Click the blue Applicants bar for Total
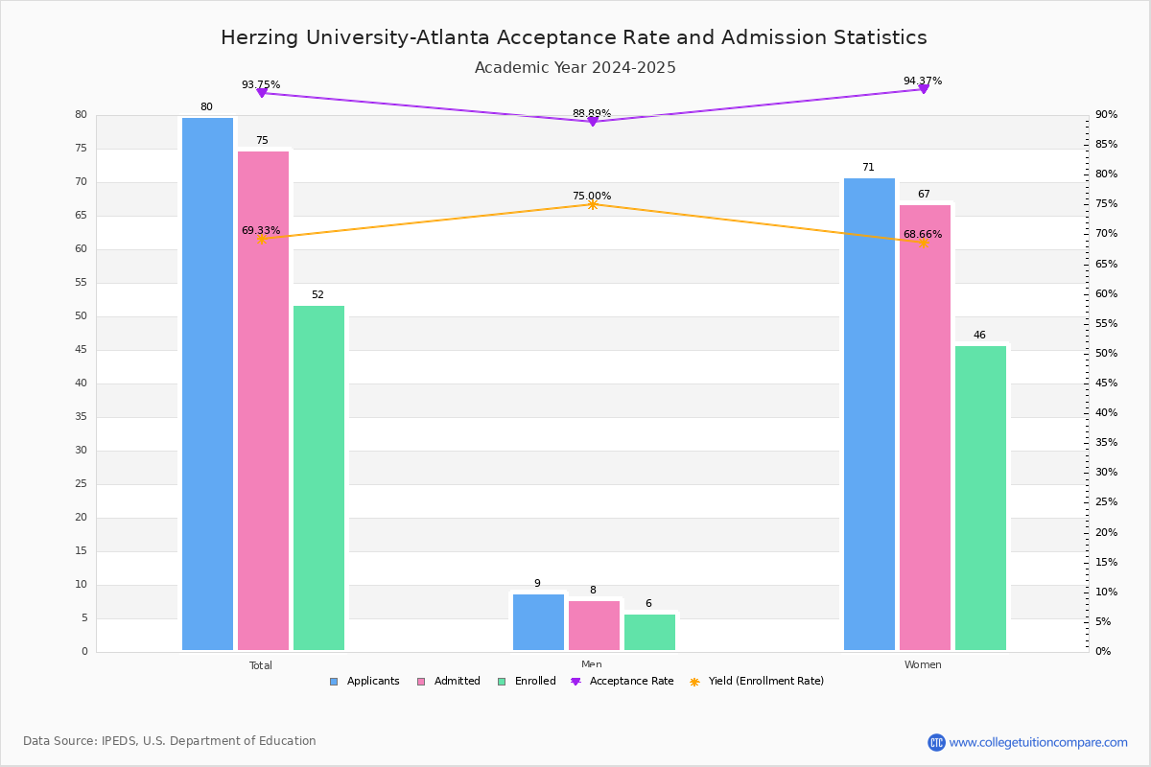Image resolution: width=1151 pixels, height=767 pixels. click(x=207, y=383)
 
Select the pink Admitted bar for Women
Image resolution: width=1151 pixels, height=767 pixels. click(x=925, y=428)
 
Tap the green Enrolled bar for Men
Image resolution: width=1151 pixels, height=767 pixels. click(x=649, y=633)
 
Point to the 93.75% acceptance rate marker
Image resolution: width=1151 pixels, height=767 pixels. click(x=261, y=93)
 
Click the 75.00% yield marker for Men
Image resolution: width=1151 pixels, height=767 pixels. click(x=592, y=204)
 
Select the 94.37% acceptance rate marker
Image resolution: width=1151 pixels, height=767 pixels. click(x=924, y=88)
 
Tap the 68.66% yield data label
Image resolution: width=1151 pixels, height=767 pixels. click(x=923, y=234)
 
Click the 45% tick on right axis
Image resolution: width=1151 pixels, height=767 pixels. click(x=1106, y=383)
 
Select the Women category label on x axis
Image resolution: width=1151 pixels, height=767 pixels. click(x=923, y=665)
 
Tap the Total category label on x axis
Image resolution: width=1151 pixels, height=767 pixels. click(x=261, y=665)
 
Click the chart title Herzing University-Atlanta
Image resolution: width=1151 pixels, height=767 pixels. click(x=574, y=37)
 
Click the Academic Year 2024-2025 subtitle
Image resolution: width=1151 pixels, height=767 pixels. click(x=575, y=68)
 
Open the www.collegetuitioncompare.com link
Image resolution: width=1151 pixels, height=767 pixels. click(x=1038, y=742)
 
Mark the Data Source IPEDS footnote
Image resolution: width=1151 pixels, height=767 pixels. click(x=170, y=741)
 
